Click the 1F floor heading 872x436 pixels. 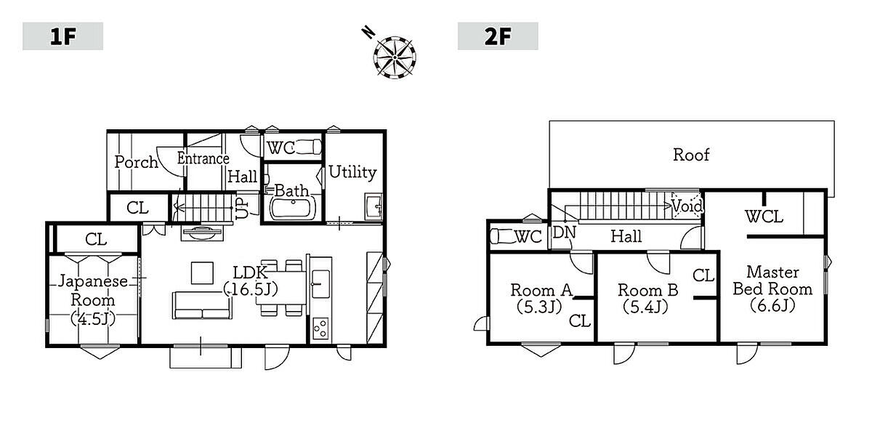tap(62, 36)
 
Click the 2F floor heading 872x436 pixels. tap(498, 36)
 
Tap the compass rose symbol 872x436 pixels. tap(395, 57)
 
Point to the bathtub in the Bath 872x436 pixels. tap(293, 209)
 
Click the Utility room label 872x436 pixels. tap(352, 172)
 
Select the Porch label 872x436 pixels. tap(137, 162)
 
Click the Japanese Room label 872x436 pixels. tap(93, 291)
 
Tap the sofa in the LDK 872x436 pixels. tap(202, 306)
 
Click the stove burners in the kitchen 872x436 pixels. tap(320, 328)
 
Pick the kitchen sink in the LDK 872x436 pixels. tap(320, 284)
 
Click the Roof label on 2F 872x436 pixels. tap(691, 155)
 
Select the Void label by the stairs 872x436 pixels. tap(687, 206)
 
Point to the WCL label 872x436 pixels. tap(764, 217)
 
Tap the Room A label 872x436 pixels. tap(541, 291)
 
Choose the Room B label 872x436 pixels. tap(647, 291)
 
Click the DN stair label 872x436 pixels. tap(564, 233)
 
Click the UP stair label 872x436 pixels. tap(242, 209)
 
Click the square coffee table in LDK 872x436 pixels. tap(202, 273)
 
